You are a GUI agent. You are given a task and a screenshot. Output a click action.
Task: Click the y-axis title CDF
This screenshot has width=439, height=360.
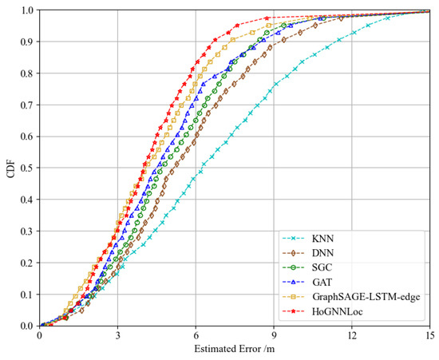pyautogui.click(x=9, y=168)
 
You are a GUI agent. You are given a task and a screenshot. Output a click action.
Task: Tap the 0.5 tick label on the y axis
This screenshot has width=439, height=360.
pyautogui.click(x=27, y=168)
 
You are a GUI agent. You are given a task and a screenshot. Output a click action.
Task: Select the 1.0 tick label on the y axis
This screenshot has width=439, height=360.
pyautogui.click(x=27, y=11)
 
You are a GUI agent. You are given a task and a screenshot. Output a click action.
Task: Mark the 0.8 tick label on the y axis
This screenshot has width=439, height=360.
pyautogui.click(x=27, y=74)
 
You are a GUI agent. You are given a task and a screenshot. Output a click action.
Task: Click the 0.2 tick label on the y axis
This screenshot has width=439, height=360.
pyautogui.click(x=27, y=263)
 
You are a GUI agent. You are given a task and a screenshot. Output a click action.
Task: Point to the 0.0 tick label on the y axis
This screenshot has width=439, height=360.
pyautogui.click(x=27, y=326)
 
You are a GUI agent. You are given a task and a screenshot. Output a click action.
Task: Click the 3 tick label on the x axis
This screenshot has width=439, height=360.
pyautogui.click(x=117, y=336)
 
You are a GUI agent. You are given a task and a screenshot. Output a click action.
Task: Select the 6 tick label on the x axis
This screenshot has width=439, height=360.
pyautogui.click(x=196, y=336)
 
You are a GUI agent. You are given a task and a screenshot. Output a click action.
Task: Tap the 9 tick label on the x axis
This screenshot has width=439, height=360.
pyautogui.click(x=274, y=336)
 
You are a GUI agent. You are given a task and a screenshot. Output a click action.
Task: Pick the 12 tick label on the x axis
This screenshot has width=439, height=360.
pyautogui.click(x=352, y=336)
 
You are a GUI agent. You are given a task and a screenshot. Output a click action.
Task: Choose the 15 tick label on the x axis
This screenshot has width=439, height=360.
pyautogui.click(x=429, y=336)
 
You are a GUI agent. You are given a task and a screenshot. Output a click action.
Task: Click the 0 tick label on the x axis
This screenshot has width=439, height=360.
pyautogui.click(x=40, y=336)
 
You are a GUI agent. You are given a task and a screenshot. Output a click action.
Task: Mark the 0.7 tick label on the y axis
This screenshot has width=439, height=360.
pyautogui.click(x=27, y=105)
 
